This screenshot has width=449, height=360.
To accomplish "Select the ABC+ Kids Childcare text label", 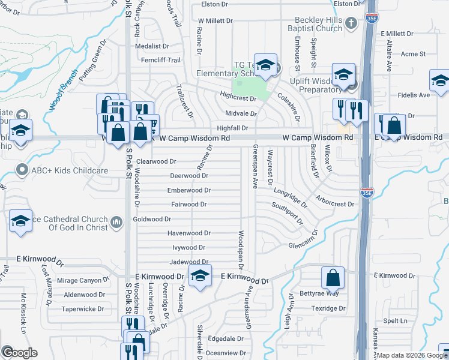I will pos(70,170).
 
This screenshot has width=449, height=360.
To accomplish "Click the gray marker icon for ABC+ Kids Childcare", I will pos(23,170).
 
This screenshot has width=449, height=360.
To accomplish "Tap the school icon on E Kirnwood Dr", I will pos(199,277).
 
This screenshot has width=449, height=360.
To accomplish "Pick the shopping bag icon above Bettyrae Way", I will pos(333,278).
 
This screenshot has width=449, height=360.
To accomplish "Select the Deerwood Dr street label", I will pos(189,176).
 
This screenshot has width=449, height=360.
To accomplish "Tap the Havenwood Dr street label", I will pos(189,233).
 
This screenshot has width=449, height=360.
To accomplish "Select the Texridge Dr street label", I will pos(330,308).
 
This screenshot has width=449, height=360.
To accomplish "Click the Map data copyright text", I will pos(403,355).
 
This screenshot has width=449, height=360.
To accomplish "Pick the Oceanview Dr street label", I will pos(226,353).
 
